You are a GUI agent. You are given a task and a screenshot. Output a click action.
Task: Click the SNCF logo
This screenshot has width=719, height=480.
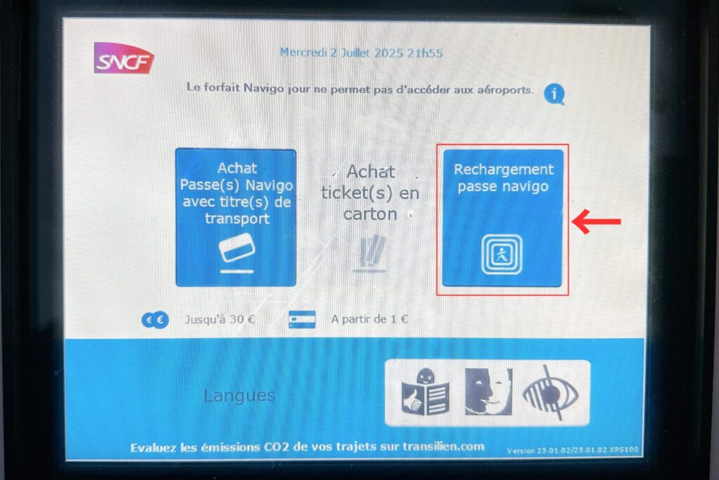tap(124, 58)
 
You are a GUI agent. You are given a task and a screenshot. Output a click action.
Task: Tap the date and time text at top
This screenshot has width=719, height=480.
tap(362, 53)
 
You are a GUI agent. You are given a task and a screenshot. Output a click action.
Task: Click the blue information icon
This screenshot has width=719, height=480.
tap(555, 95)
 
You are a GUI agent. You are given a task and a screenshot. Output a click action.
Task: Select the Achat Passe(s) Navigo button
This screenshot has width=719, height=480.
tap(236, 217)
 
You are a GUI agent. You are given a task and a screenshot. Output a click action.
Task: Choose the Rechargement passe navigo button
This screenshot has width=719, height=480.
tap(503, 218)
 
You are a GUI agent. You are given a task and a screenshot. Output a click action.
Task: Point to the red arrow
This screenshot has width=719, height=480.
tap(596, 221)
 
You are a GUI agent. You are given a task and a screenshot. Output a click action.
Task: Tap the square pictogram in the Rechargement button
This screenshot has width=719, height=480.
tap(501, 254)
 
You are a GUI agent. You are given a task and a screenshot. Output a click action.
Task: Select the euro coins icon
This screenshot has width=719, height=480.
tap(155, 320)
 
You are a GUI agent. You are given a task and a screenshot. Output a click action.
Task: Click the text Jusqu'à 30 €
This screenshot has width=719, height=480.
tap(220, 319)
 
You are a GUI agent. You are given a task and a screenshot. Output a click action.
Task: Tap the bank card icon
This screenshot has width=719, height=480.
tap(302, 319)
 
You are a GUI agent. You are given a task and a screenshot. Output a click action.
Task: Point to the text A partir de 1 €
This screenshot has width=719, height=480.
tap(369, 319)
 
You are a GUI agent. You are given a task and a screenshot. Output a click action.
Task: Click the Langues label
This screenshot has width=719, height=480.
tap(239, 396)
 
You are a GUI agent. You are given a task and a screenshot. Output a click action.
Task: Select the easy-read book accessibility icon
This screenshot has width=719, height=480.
tap(425, 392)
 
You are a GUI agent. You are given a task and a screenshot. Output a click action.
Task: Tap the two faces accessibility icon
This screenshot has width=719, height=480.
tap(489, 391)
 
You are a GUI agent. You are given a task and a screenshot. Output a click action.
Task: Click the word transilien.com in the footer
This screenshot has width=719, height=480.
tap(444, 446)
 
